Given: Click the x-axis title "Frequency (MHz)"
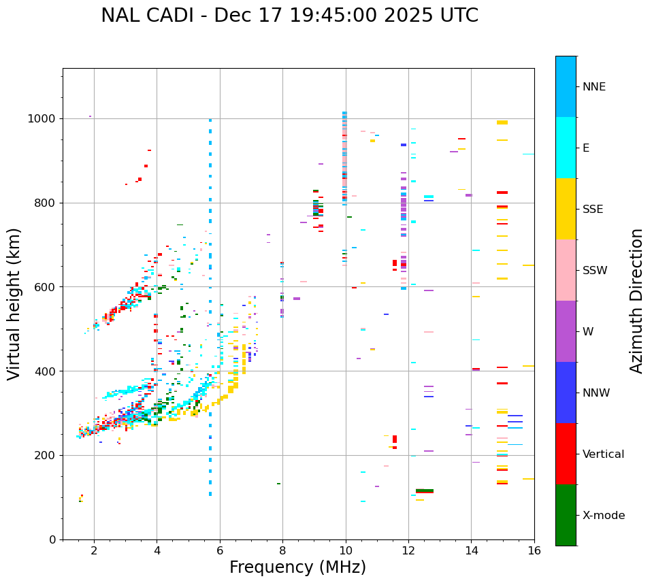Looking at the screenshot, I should (297, 567).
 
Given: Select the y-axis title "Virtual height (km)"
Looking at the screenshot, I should (14, 303).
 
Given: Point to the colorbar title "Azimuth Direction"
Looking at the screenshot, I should (636, 300).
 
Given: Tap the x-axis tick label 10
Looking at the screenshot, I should (346, 550).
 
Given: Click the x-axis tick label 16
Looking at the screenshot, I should (534, 550).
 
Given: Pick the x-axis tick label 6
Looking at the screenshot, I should (220, 550).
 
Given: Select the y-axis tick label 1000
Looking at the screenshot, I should (42, 118).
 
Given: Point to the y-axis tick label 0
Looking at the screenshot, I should (53, 539).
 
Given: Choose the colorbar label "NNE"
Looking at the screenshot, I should (593, 87).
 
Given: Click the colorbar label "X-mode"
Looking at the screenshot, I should (603, 516).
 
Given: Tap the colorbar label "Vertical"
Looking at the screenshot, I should (603, 454).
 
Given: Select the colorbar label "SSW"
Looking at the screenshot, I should (595, 271).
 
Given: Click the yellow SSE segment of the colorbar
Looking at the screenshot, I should (566, 209).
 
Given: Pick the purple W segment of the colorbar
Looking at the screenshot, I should (566, 331).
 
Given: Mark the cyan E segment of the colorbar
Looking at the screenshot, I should (566, 148).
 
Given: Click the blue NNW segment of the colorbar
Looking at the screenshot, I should (566, 393).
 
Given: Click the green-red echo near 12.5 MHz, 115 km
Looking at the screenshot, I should (425, 490).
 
